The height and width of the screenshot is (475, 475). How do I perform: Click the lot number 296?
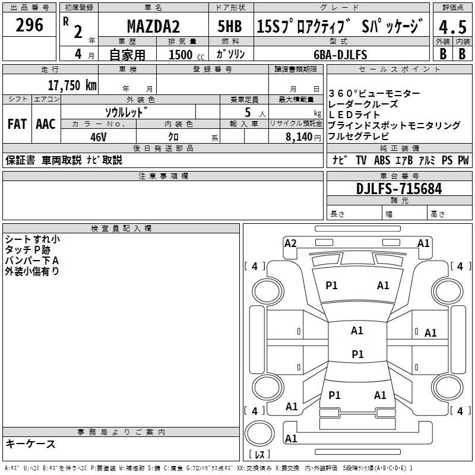point(30,26)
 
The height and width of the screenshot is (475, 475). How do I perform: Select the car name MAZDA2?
point(154,27)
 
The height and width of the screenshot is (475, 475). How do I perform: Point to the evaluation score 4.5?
point(452,27)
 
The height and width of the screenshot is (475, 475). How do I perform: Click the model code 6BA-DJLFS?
point(341,55)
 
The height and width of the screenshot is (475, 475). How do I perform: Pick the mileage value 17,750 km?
point(72,85)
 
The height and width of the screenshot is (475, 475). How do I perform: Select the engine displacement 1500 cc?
point(182,55)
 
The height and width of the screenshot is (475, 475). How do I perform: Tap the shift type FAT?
point(17,124)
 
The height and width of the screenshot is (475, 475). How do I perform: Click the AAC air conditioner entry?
point(46,124)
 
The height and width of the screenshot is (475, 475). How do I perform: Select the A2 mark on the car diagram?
point(290,243)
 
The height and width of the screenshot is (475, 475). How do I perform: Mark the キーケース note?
point(31,444)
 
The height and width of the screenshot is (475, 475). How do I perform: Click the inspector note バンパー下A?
point(32,261)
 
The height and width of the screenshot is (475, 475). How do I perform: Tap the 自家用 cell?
point(128,55)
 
